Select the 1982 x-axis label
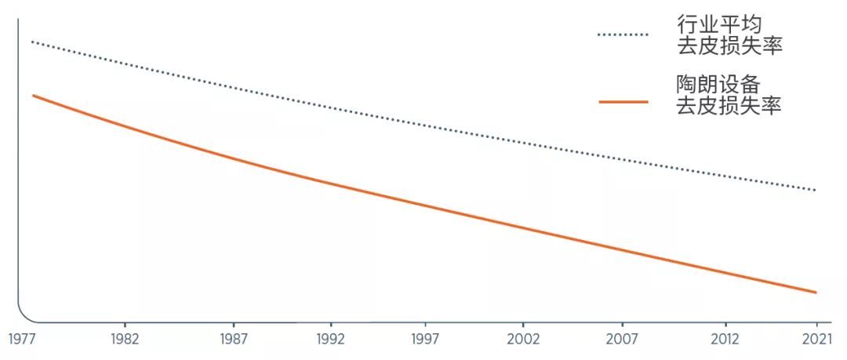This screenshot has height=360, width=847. click(125, 340)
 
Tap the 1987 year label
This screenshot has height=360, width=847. click(234, 340)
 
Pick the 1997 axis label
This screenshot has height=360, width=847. click(425, 340)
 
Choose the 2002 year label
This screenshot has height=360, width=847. click(523, 340)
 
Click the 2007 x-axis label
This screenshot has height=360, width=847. click(622, 340)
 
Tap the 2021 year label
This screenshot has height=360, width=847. click(816, 340)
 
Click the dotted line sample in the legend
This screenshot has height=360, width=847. click(623, 35)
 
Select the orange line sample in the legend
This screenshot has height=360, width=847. click(623, 102)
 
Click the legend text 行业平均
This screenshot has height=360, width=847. click(719, 24)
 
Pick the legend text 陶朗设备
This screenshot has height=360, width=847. click(719, 84)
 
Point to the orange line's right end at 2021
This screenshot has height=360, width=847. click(816, 293)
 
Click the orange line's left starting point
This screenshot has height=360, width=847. click(33, 95)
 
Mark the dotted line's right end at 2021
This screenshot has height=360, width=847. click(816, 191)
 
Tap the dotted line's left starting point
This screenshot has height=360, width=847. click(32, 41)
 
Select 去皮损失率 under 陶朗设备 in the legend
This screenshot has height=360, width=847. click(729, 106)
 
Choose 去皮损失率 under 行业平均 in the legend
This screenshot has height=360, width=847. click(729, 46)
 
